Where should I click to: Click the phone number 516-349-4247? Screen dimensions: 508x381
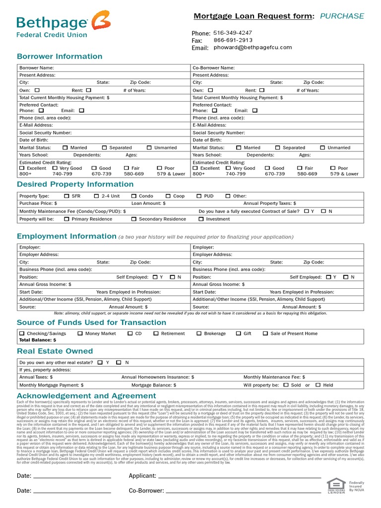233,33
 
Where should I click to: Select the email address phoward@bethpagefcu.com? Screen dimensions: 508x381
253,48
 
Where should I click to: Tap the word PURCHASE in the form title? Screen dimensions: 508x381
342,16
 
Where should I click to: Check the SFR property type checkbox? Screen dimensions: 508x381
66,196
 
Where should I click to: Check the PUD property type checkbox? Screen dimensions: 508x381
199,196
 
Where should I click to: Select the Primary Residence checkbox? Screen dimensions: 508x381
66,219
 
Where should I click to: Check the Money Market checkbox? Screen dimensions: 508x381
80,333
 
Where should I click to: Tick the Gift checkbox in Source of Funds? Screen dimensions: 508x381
238,333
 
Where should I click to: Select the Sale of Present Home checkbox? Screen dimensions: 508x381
265,333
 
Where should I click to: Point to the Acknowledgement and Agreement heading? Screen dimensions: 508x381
86,395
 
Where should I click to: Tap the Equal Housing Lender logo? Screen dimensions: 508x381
336,487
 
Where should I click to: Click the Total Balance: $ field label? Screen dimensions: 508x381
38,340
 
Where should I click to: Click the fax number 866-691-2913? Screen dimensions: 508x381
233,40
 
